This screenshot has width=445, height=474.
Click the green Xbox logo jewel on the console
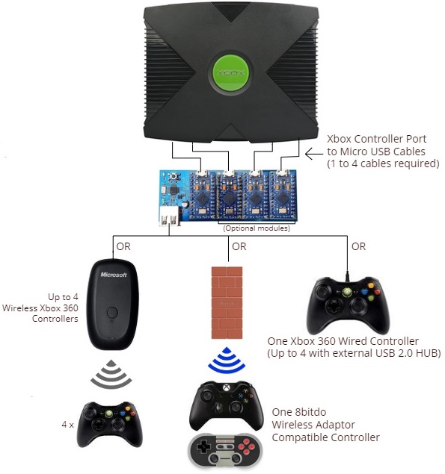tap(231, 72)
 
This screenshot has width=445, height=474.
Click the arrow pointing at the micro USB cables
tap(314, 154)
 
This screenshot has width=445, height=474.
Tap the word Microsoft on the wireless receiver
tap(114, 275)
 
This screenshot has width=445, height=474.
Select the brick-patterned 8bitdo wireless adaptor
tap(227, 302)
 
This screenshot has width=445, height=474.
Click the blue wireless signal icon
tap(227, 360)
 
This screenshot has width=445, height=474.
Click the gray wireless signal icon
tap(111, 374)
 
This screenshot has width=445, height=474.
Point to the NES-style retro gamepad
tap(225, 450)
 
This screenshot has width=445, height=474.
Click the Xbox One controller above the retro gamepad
tap(226, 405)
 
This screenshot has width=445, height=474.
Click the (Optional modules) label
tap(257, 228)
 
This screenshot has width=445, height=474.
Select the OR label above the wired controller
tap(359, 246)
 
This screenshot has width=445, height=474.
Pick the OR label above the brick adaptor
tap(239, 246)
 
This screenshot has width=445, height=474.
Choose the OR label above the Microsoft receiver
tap(123, 246)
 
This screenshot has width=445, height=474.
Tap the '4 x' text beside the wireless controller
tap(67, 425)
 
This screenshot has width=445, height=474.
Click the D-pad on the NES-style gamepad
tap(204, 447)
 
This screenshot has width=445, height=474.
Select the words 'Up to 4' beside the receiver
tap(63, 297)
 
